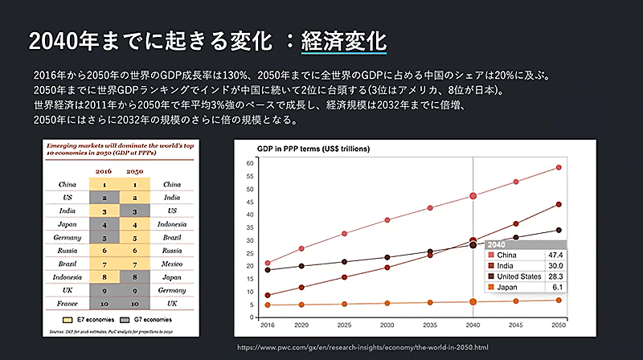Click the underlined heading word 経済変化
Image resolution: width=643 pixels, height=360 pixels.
click(x=344, y=41)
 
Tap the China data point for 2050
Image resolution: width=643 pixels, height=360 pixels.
click(x=558, y=167)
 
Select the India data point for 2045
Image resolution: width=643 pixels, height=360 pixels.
click(x=515, y=223)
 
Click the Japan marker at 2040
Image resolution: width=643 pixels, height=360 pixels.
click(x=473, y=302)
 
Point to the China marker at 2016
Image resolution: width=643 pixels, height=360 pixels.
click(x=267, y=263)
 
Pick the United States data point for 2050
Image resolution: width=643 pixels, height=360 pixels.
click(x=558, y=231)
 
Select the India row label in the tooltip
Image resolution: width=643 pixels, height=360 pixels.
click(x=506, y=265)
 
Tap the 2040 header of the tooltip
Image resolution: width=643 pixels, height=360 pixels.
click(x=498, y=244)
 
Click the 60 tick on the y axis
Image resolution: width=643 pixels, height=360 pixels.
click(x=250, y=163)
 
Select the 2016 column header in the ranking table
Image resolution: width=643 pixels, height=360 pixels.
click(x=104, y=171)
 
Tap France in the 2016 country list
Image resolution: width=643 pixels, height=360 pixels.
click(x=67, y=303)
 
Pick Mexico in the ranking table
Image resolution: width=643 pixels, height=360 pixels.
click(x=173, y=263)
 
